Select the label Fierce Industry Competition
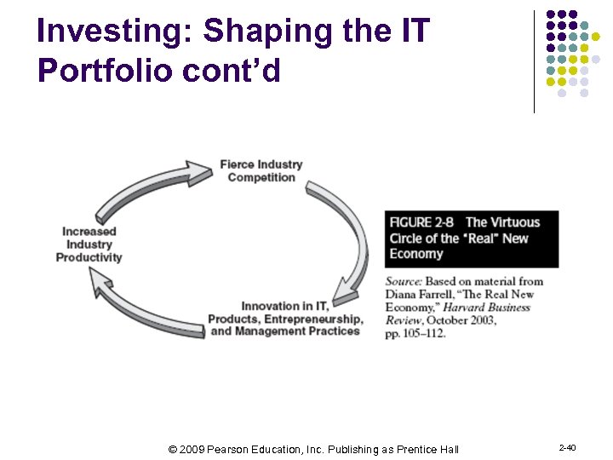(261, 170)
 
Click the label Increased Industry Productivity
(89, 244)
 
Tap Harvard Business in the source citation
(489, 307)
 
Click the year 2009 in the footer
(195, 449)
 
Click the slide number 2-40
(567, 448)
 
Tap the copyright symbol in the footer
(174, 449)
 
